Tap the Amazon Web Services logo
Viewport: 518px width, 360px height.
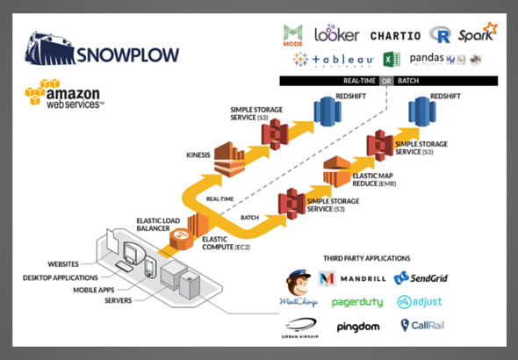click(65, 95)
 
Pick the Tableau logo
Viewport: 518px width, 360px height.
click(334, 60)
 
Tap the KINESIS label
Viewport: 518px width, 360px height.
click(198, 155)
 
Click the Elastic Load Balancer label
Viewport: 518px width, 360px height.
click(159, 225)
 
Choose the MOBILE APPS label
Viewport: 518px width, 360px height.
click(85, 287)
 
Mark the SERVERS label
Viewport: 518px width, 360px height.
click(97, 299)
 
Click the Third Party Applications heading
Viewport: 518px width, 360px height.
click(366, 259)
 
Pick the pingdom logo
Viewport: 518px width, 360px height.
click(356, 326)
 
